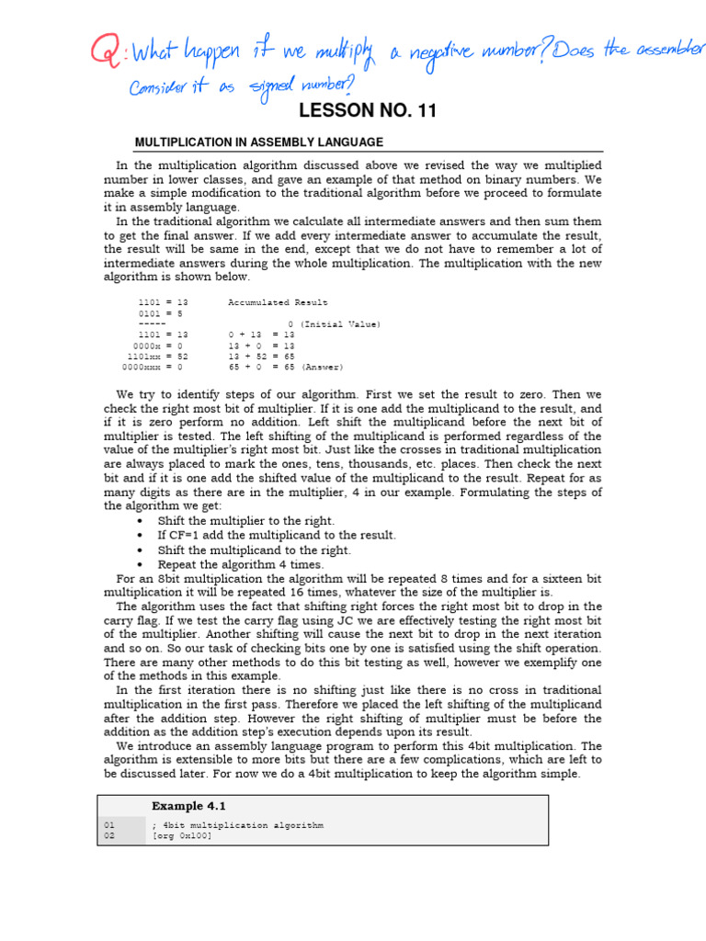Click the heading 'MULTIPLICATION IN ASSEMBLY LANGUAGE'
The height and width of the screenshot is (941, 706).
[258, 142]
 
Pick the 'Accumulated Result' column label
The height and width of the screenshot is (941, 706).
[278, 302]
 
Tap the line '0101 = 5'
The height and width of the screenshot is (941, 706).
[161, 313]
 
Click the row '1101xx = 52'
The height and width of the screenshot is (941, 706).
[157, 357]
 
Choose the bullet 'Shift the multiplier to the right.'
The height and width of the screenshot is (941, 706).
[246, 521]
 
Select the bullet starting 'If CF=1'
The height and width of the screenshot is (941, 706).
[277, 536]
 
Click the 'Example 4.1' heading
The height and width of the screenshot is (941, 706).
[188, 806]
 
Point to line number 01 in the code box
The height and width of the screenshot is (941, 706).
[109, 825]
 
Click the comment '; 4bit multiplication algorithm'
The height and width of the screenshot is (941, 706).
[237, 825]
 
